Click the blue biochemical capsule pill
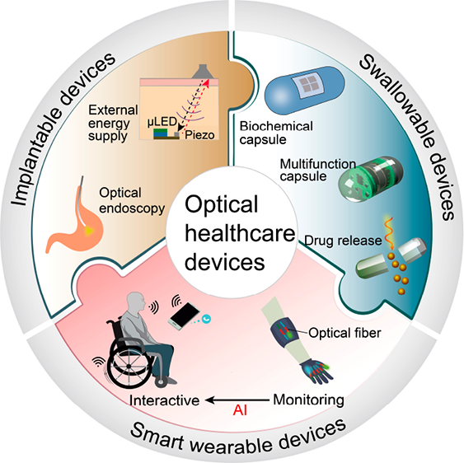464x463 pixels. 304,91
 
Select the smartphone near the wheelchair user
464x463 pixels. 184,316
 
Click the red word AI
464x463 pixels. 240,410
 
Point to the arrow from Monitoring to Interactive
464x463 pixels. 237,400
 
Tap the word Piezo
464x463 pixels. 199,135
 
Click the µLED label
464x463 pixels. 162,122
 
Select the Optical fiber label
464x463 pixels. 344,333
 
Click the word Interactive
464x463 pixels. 165,400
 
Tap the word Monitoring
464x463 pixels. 308,400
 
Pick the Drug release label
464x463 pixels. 343,241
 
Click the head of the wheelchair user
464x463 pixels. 137,302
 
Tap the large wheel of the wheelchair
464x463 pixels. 129,367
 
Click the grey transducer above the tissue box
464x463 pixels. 203,72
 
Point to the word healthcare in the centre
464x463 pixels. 240,233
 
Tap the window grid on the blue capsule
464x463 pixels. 307,84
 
